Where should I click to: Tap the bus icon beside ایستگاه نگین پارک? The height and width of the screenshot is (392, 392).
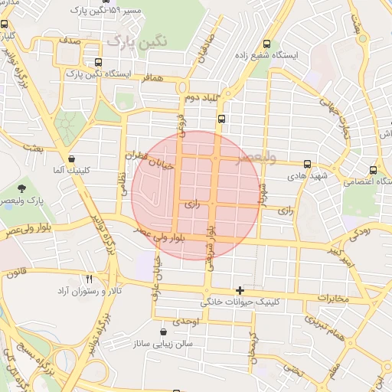[x=97, y=63]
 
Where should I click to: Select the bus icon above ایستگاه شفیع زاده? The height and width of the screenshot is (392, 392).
[x=266, y=44]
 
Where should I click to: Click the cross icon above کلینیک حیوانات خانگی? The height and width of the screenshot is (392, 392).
[x=240, y=290]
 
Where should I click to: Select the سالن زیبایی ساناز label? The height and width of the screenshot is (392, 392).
[x=164, y=345]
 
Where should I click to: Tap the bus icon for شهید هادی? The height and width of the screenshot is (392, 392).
[x=307, y=164]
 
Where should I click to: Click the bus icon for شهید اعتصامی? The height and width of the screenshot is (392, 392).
[x=373, y=170]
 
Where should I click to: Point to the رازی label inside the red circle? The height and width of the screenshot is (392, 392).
[x=192, y=204]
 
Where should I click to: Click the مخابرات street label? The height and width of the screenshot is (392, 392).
[x=332, y=296]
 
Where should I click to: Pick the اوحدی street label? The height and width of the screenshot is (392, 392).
[x=186, y=322]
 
